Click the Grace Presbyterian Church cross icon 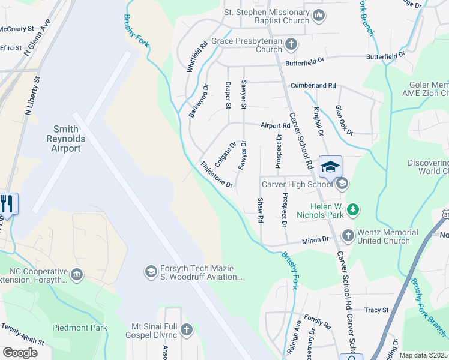pyautogui.click(x=291, y=44)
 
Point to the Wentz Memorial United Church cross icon pyautogui.click(x=348, y=236)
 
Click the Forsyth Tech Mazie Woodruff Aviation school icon pyautogui.click(x=151, y=272)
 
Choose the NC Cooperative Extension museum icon pyautogui.click(x=76, y=275)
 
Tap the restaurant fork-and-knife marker pyautogui.click(x=8, y=203)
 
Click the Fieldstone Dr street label pyautogui.click(x=216, y=175)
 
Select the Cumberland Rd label pyautogui.click(x=313, y=86)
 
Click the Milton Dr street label pyautogui.click(x=316, y=240)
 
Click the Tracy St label pyautogui.click(x=376, y=310)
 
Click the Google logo pyautogui.click(x=20, y=353)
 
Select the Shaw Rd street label pyautogui.click(x=261, y=211)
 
